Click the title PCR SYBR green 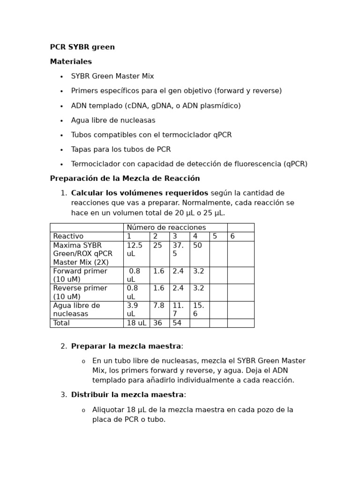tap(82, 47)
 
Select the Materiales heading tap(71, 62)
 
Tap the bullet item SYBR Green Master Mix tap(112, 76)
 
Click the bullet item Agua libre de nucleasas tap(113, 120)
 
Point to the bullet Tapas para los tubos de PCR tap(121, 150)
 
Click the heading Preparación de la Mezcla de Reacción tap(125, 179)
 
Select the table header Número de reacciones tap(166, 227)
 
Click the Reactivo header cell tap(68, 236)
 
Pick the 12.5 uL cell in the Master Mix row tap(135, 249)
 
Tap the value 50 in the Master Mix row tap(197, 246)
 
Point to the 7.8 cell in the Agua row tap(158, 306)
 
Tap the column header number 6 tap(232, 236)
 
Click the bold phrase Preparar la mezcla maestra tap(126, 346)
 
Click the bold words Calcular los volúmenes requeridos tap(139, 193)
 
